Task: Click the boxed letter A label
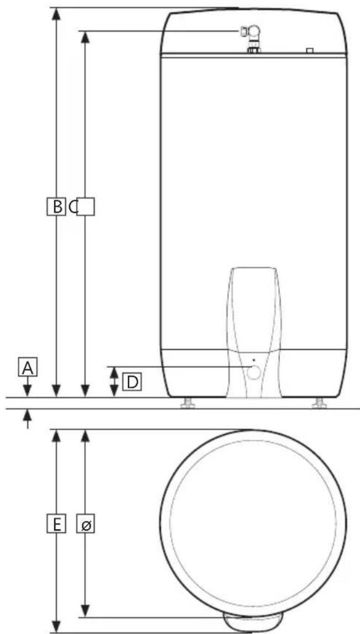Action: (28, 367)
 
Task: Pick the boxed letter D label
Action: (131, 382)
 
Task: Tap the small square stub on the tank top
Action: (310, 50)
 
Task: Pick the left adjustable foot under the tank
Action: (187, 403)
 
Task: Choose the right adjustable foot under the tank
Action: (319, 403)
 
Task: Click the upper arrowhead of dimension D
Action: (114, 372)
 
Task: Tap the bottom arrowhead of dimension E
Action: (55, 626)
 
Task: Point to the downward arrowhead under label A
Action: (28, 392)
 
